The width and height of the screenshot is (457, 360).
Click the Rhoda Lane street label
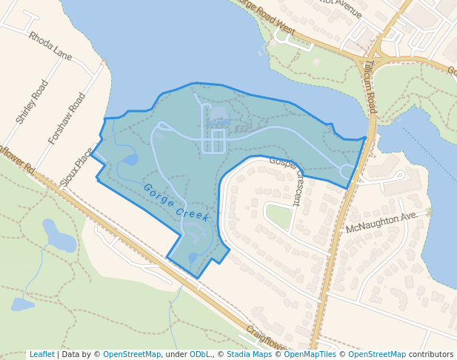pyautogui.click(x=50, y=46)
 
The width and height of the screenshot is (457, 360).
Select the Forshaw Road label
pyautogui.click(x=67, y=118)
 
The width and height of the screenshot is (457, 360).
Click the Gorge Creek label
pyautogui.click(x=176, y=202)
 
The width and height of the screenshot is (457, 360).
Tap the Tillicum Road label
pyautogui.click(x=370, y=87)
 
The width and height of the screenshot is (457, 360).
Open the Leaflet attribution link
pyautogui.click(x=42, y=354)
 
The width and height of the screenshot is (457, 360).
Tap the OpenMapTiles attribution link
pyautogui.click(x=311, y=354)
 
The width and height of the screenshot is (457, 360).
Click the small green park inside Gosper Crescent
pyautogui.click(x=278, y=216)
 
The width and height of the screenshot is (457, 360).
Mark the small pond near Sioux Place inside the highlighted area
pyautogui.click(x=130, y=159)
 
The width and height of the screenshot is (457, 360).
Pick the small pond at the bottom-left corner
pyautogui.click(x=21, y=304)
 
